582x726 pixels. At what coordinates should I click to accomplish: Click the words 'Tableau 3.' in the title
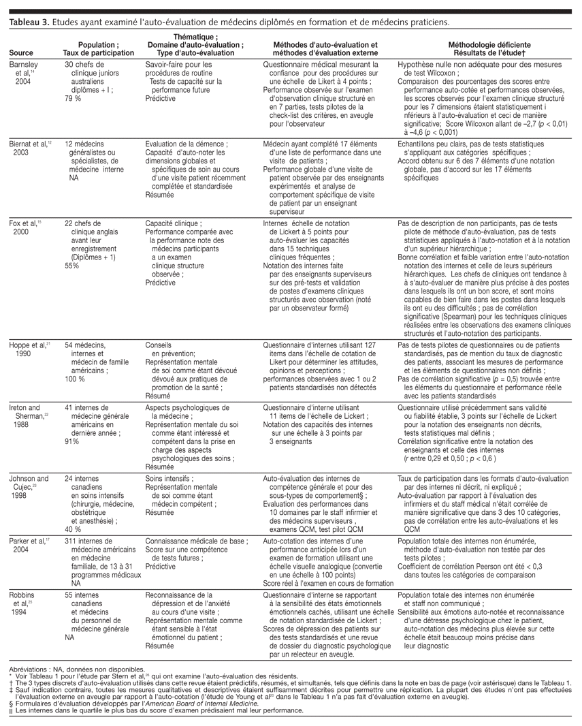tap(28, 22)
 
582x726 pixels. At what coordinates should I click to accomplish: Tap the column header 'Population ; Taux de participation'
tap(98, 48)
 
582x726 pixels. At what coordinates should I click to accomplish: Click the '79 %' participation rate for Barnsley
tap(73, 97)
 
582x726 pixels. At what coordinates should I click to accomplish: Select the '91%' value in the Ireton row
tap(71, 441)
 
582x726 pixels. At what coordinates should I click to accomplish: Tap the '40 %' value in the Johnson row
tap(73, 528)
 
